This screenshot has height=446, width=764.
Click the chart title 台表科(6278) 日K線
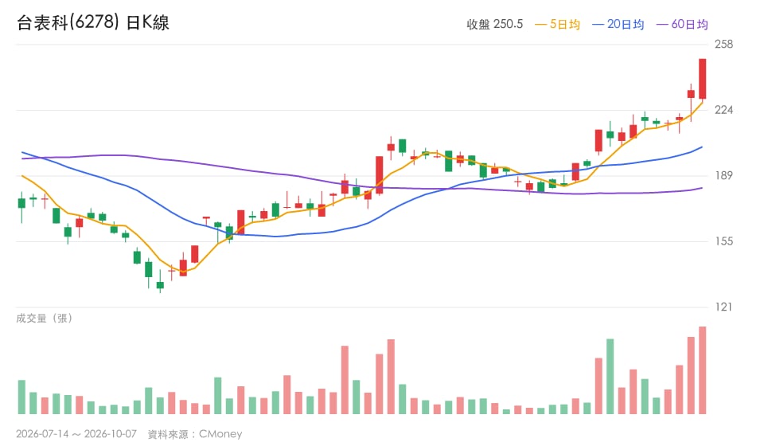(x=93, y=22)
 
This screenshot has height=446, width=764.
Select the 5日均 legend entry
(x=557, y=25)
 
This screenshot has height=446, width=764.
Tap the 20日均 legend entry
(x=618, y=25)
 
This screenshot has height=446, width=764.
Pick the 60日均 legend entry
(x=682, y=25)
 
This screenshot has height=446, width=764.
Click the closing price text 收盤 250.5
(x=494, y=25)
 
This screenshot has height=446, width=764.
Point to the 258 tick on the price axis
(x=723, y=45)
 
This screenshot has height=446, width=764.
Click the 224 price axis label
(x=723, y=110)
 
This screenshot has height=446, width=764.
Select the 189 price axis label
(x=723, y=175)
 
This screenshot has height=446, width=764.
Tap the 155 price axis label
(x=723, y=241)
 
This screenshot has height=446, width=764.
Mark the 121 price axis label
(x=723, y=307)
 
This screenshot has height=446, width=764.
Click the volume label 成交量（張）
(x=45, y=319)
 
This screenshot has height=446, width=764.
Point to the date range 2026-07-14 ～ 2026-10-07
(x=76, y=434)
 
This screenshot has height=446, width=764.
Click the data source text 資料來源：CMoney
(x=195, y=434)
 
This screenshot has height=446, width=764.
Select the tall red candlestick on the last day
(x=702, y=79)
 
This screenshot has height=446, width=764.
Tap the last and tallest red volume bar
(x=702, y=370)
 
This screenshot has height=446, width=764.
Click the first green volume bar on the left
(x=21, y=397)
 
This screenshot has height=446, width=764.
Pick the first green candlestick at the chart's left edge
(x=21, y=203)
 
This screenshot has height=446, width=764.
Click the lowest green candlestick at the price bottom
(x=160, y=286)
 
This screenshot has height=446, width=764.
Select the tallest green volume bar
(x=610, y=376)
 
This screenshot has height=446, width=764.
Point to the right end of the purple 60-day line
(x=702, y=188)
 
